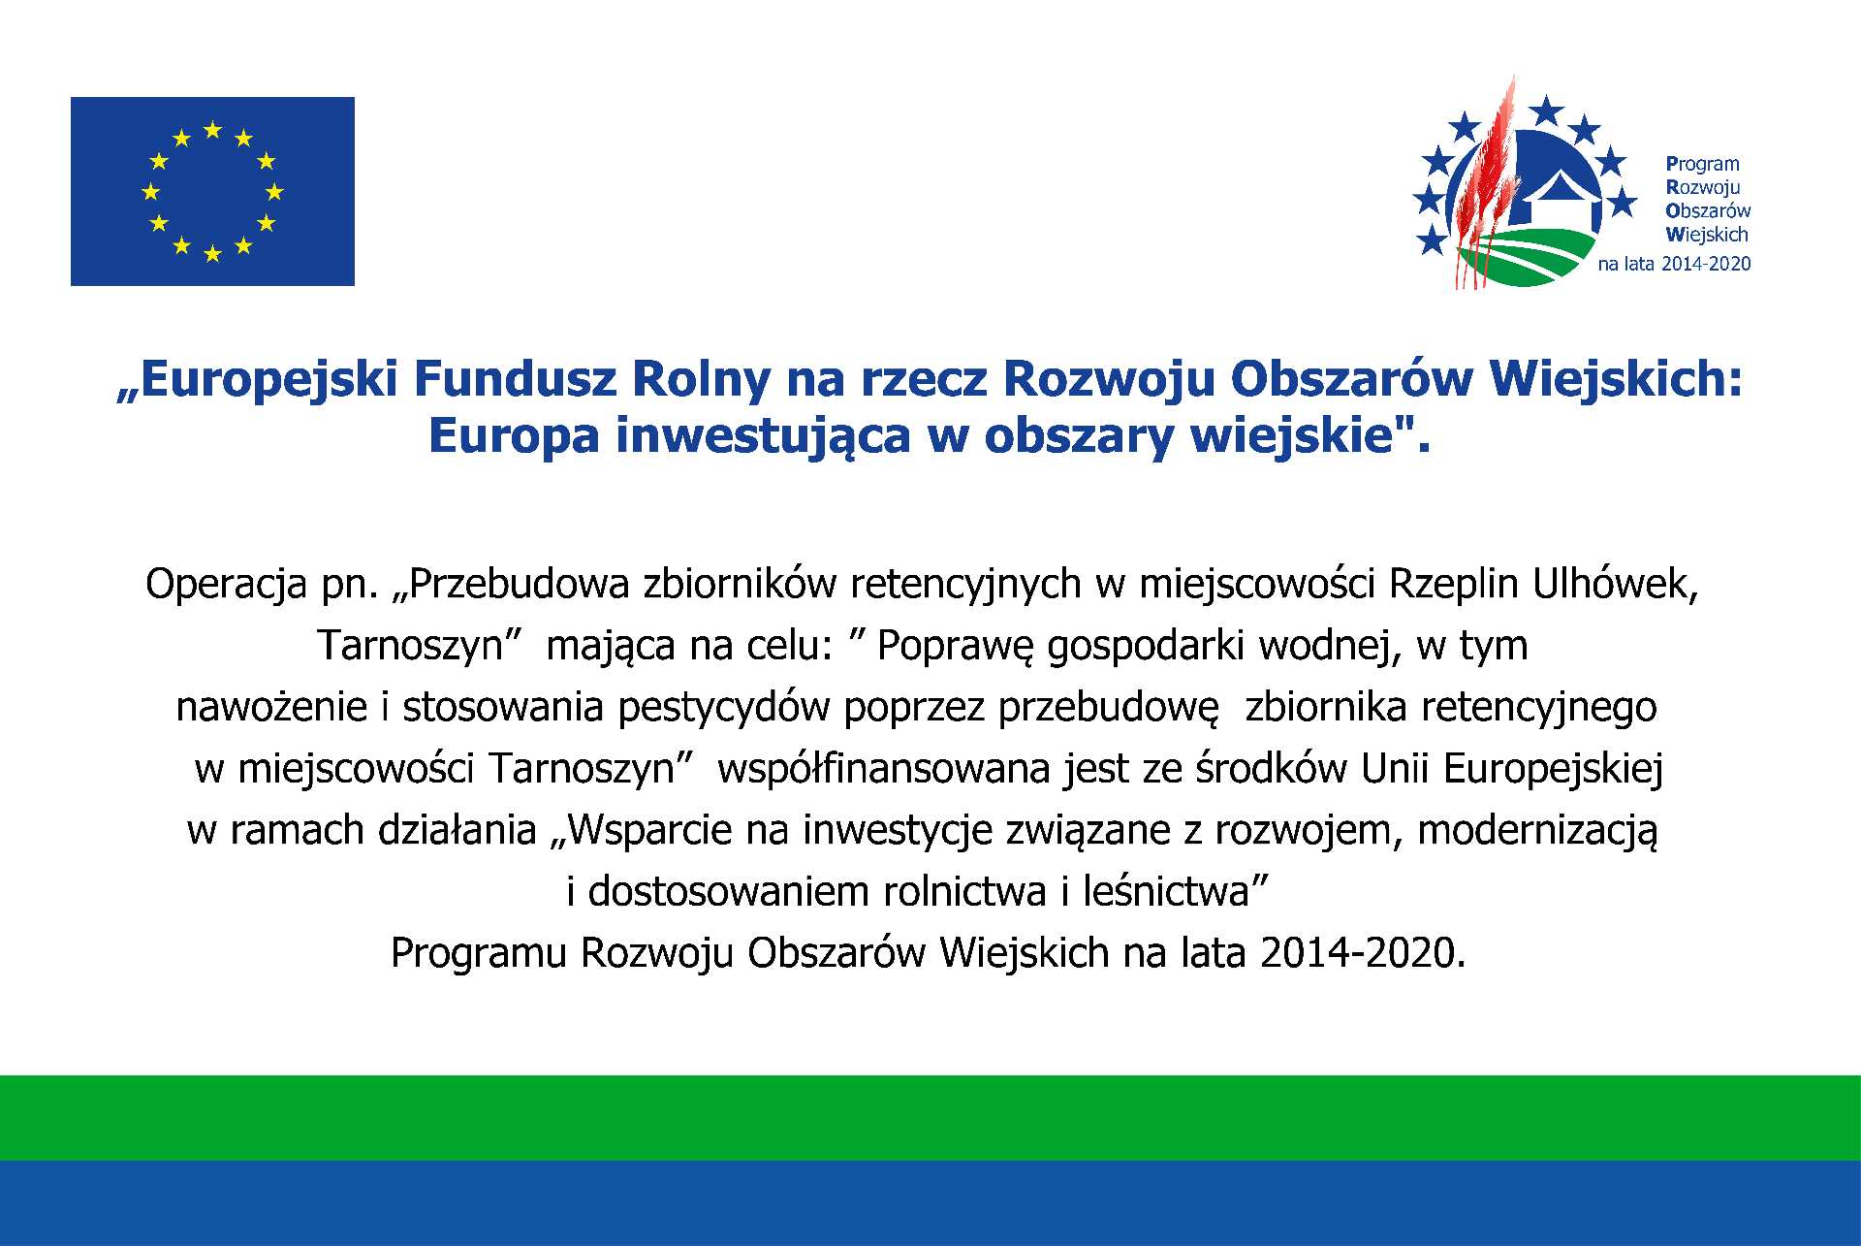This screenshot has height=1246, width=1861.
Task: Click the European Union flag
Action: (212, 191)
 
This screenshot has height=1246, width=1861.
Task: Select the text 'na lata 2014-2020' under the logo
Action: (1674, 264)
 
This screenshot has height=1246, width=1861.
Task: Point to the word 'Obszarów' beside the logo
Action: (1708, 210)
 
